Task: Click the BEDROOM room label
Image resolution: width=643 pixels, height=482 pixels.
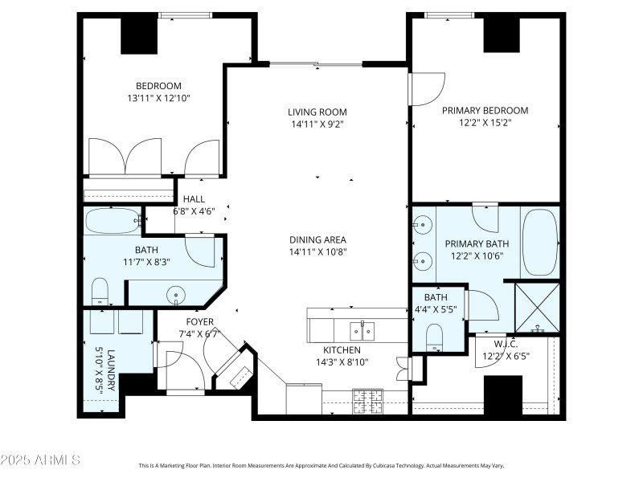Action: click(x=158, y=86)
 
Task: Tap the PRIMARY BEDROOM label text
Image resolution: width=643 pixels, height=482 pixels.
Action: click(x=485, y=111)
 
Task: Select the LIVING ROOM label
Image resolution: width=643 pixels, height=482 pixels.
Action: click(x=317, y=112)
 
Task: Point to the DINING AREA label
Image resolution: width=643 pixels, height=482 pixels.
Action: click(x=317, y=239)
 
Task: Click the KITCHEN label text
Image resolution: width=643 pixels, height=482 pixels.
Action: click(x=342, y=350)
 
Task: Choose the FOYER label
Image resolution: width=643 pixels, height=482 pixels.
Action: click(x=178, y=321)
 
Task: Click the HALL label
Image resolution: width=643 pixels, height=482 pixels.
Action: click(x=194, y=199)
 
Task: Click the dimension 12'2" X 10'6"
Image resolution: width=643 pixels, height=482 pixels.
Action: click(x=480, y=257)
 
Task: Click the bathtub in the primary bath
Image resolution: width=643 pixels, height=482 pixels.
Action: click(x=539, y=240)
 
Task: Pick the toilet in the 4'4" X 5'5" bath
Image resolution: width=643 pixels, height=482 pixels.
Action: click(x=435, y=337)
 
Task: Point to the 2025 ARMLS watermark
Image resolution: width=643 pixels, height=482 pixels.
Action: click(x=40, y=460)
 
